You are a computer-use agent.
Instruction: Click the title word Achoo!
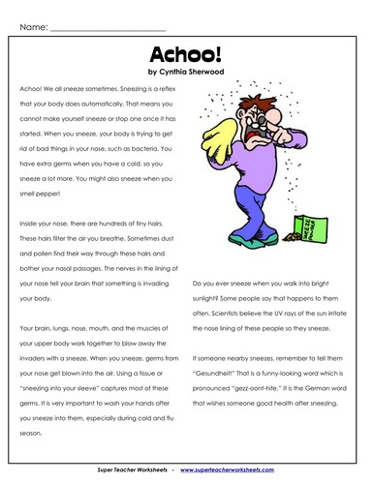(x=186, y=52)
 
